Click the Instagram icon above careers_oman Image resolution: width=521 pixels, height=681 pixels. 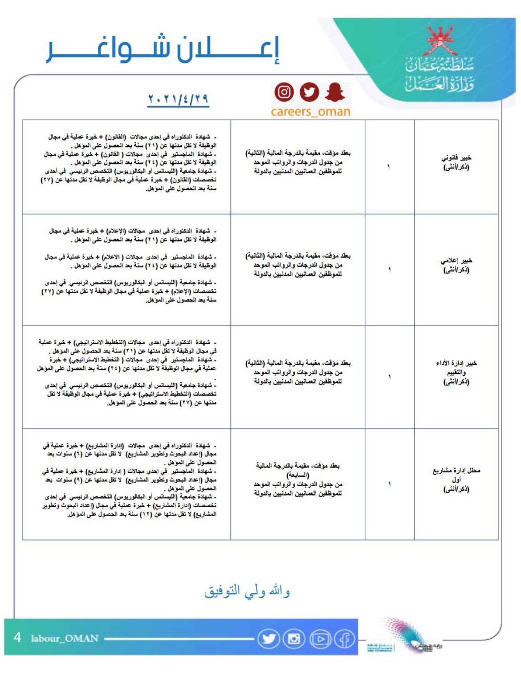tap(284, 92)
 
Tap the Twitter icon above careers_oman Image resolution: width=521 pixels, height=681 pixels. tap(309, 92)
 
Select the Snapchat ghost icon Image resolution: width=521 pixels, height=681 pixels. tap(334, 92)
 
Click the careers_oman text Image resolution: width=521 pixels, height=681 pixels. tap(310, 111)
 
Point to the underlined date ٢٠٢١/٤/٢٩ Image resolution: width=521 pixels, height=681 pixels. tap(178, 99)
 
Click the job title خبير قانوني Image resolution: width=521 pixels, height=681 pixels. tap(456, 162)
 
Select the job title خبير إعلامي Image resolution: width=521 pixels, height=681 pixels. tap(456, 265)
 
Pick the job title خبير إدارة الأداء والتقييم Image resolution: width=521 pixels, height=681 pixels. tap(456, 372)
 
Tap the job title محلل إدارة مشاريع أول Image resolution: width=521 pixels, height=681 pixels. tap(456, 480)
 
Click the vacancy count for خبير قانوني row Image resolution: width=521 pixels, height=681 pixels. tap(389, 167)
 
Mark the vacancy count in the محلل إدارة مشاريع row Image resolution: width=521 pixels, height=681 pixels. tap(389, 484)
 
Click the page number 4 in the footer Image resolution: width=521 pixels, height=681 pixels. tap(17, 637)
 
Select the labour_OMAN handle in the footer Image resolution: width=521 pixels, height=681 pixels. tap(65, 638)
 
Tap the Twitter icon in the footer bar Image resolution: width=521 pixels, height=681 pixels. tap(269, 639)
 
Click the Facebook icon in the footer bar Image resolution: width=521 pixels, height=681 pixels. tap(345, 639)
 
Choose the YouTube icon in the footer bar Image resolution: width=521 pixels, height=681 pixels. tap(320, 639)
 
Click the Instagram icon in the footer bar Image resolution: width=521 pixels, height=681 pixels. tap(294, 639)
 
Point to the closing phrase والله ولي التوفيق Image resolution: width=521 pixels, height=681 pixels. tap(247, 591)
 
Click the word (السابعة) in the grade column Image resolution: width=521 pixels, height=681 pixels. tap(298, 475)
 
